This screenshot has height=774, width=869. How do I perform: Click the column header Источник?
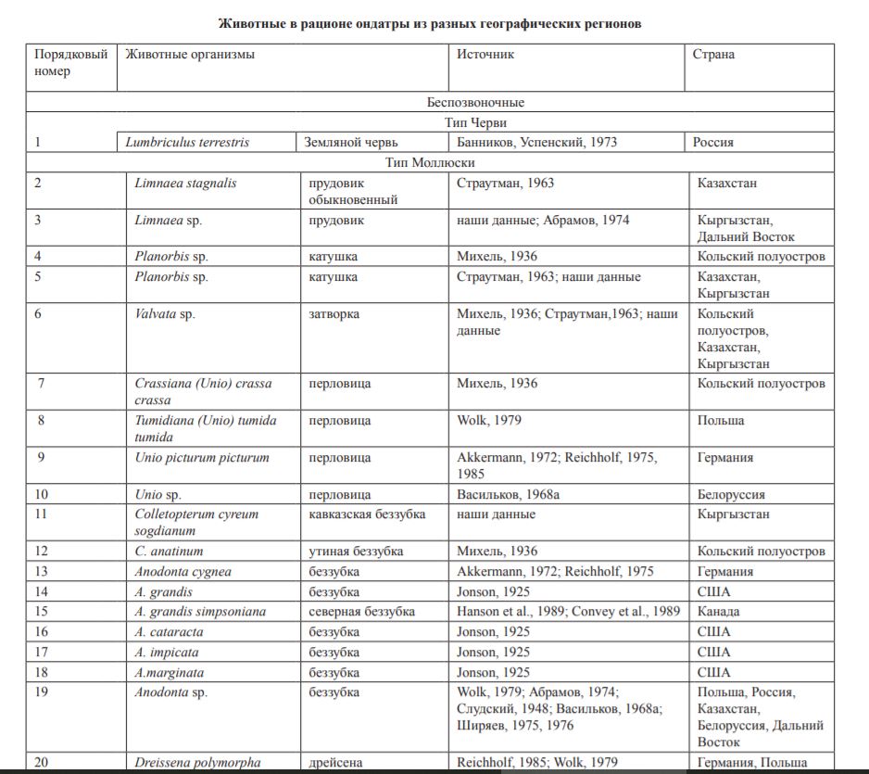point(485,54)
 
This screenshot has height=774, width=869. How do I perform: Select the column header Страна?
point(713,54)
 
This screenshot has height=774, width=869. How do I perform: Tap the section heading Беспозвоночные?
point(476,103)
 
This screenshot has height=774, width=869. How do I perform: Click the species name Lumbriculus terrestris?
point(187,143)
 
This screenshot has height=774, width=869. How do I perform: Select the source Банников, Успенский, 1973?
point(537,143)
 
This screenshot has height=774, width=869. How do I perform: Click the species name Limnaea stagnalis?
point(185,184)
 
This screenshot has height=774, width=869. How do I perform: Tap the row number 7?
point(41,384)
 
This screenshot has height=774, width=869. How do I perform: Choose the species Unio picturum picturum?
point(202,458)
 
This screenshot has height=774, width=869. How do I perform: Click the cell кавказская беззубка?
point(367,514)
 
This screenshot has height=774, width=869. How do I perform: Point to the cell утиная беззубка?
point(356,552)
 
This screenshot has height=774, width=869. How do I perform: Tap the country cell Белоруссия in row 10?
point(731,495)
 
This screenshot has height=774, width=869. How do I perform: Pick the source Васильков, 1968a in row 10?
point(508,495)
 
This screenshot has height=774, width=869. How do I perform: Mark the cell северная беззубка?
point(361,612)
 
